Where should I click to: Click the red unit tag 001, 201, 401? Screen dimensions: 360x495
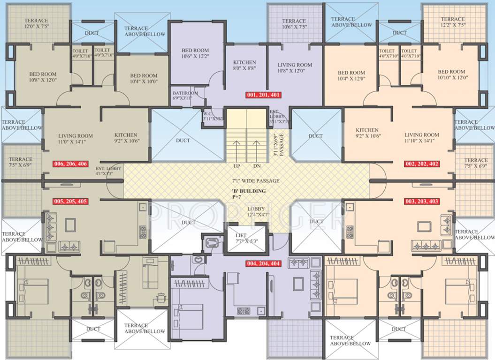tap(263, 95)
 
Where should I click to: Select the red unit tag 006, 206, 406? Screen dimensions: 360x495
tap(71, 164)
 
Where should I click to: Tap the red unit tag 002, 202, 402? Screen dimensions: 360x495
tap(422, 164)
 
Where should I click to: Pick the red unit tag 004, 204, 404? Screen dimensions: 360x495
tap(263, 263)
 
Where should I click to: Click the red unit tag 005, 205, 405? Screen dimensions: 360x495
tap(71, 202)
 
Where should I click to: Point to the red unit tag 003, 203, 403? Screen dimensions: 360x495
tap(422, 202)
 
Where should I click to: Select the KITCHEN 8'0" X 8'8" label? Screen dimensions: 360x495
tap(244, 65)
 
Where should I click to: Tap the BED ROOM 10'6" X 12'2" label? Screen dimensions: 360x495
tap(195, 53)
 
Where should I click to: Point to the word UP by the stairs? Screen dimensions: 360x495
tap(237, 166)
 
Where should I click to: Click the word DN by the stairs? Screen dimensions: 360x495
tap(257, 166)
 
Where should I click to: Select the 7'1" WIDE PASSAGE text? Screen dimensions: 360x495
tap(256, 181)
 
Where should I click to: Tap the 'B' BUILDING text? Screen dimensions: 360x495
tap(249, 191)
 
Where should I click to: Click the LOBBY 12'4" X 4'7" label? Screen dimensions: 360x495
tap(256, 212)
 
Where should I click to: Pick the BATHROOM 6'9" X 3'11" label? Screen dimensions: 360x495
tap(186, 96)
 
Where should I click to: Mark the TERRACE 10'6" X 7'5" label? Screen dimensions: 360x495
tap(294, 24)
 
